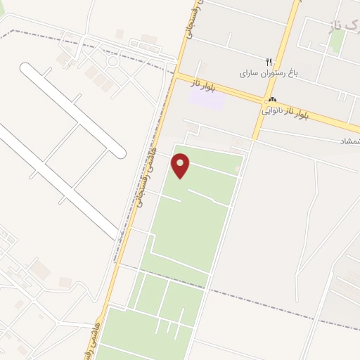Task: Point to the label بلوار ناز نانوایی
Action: (x=285, y=111)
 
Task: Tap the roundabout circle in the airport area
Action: (x=112, y=61)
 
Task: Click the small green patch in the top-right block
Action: (x=337, y=42)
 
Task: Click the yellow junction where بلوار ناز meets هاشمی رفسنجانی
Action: (x=178, y=75)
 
